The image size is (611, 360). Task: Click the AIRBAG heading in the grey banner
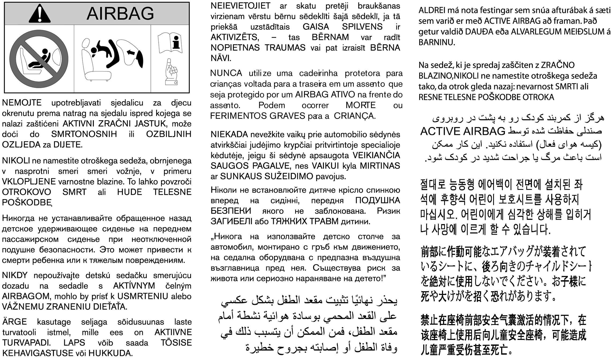click(120, 13)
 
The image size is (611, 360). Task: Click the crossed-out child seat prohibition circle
click(39, 59)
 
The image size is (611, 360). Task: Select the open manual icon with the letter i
click(170, 43)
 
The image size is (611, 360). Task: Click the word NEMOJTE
click(22, 103)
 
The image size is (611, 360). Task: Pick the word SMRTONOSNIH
click(84, 134)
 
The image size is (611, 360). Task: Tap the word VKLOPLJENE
click(29, 182)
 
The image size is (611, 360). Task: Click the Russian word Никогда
click(18, 218)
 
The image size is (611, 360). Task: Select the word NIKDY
click(15, 275)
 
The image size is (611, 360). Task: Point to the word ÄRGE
click(14, 322)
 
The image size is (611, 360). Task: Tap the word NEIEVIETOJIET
click(240, 6)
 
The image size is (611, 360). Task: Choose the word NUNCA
click(226, 73)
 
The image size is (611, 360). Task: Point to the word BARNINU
click(437, 42)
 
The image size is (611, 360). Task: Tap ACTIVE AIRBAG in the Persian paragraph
click(463, 131)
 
